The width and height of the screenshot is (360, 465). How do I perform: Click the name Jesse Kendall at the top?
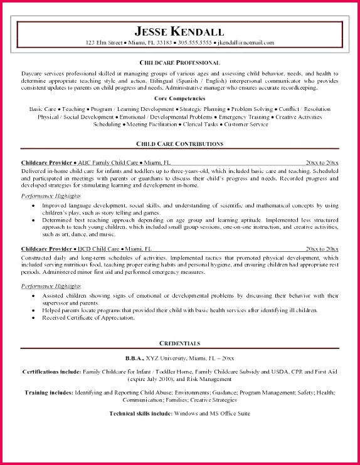[179, 31]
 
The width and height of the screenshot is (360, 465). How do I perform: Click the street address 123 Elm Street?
[106, 43]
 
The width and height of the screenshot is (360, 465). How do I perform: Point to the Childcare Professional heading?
[179, 63]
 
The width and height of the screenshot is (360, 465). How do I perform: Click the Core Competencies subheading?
[179, 98]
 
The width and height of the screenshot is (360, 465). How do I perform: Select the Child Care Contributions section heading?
[179, 144]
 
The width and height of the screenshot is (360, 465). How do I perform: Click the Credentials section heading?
[179, 343]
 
